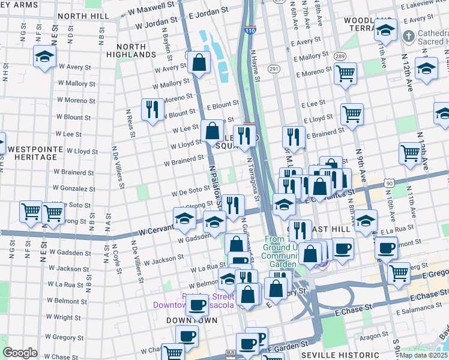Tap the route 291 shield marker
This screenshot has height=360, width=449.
(x=274, y=70)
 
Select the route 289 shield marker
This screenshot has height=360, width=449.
(x=340, y=56)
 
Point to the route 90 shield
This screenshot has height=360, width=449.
(x=390, y=182)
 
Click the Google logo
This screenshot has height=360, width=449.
(x=20, y=352)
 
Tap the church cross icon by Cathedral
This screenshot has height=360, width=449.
(x=408, y=35)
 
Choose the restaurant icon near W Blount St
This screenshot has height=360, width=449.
(x=152, y=109)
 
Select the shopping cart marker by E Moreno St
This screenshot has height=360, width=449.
(x=345, y=74)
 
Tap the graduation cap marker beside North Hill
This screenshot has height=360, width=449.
(x=44, y=57)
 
